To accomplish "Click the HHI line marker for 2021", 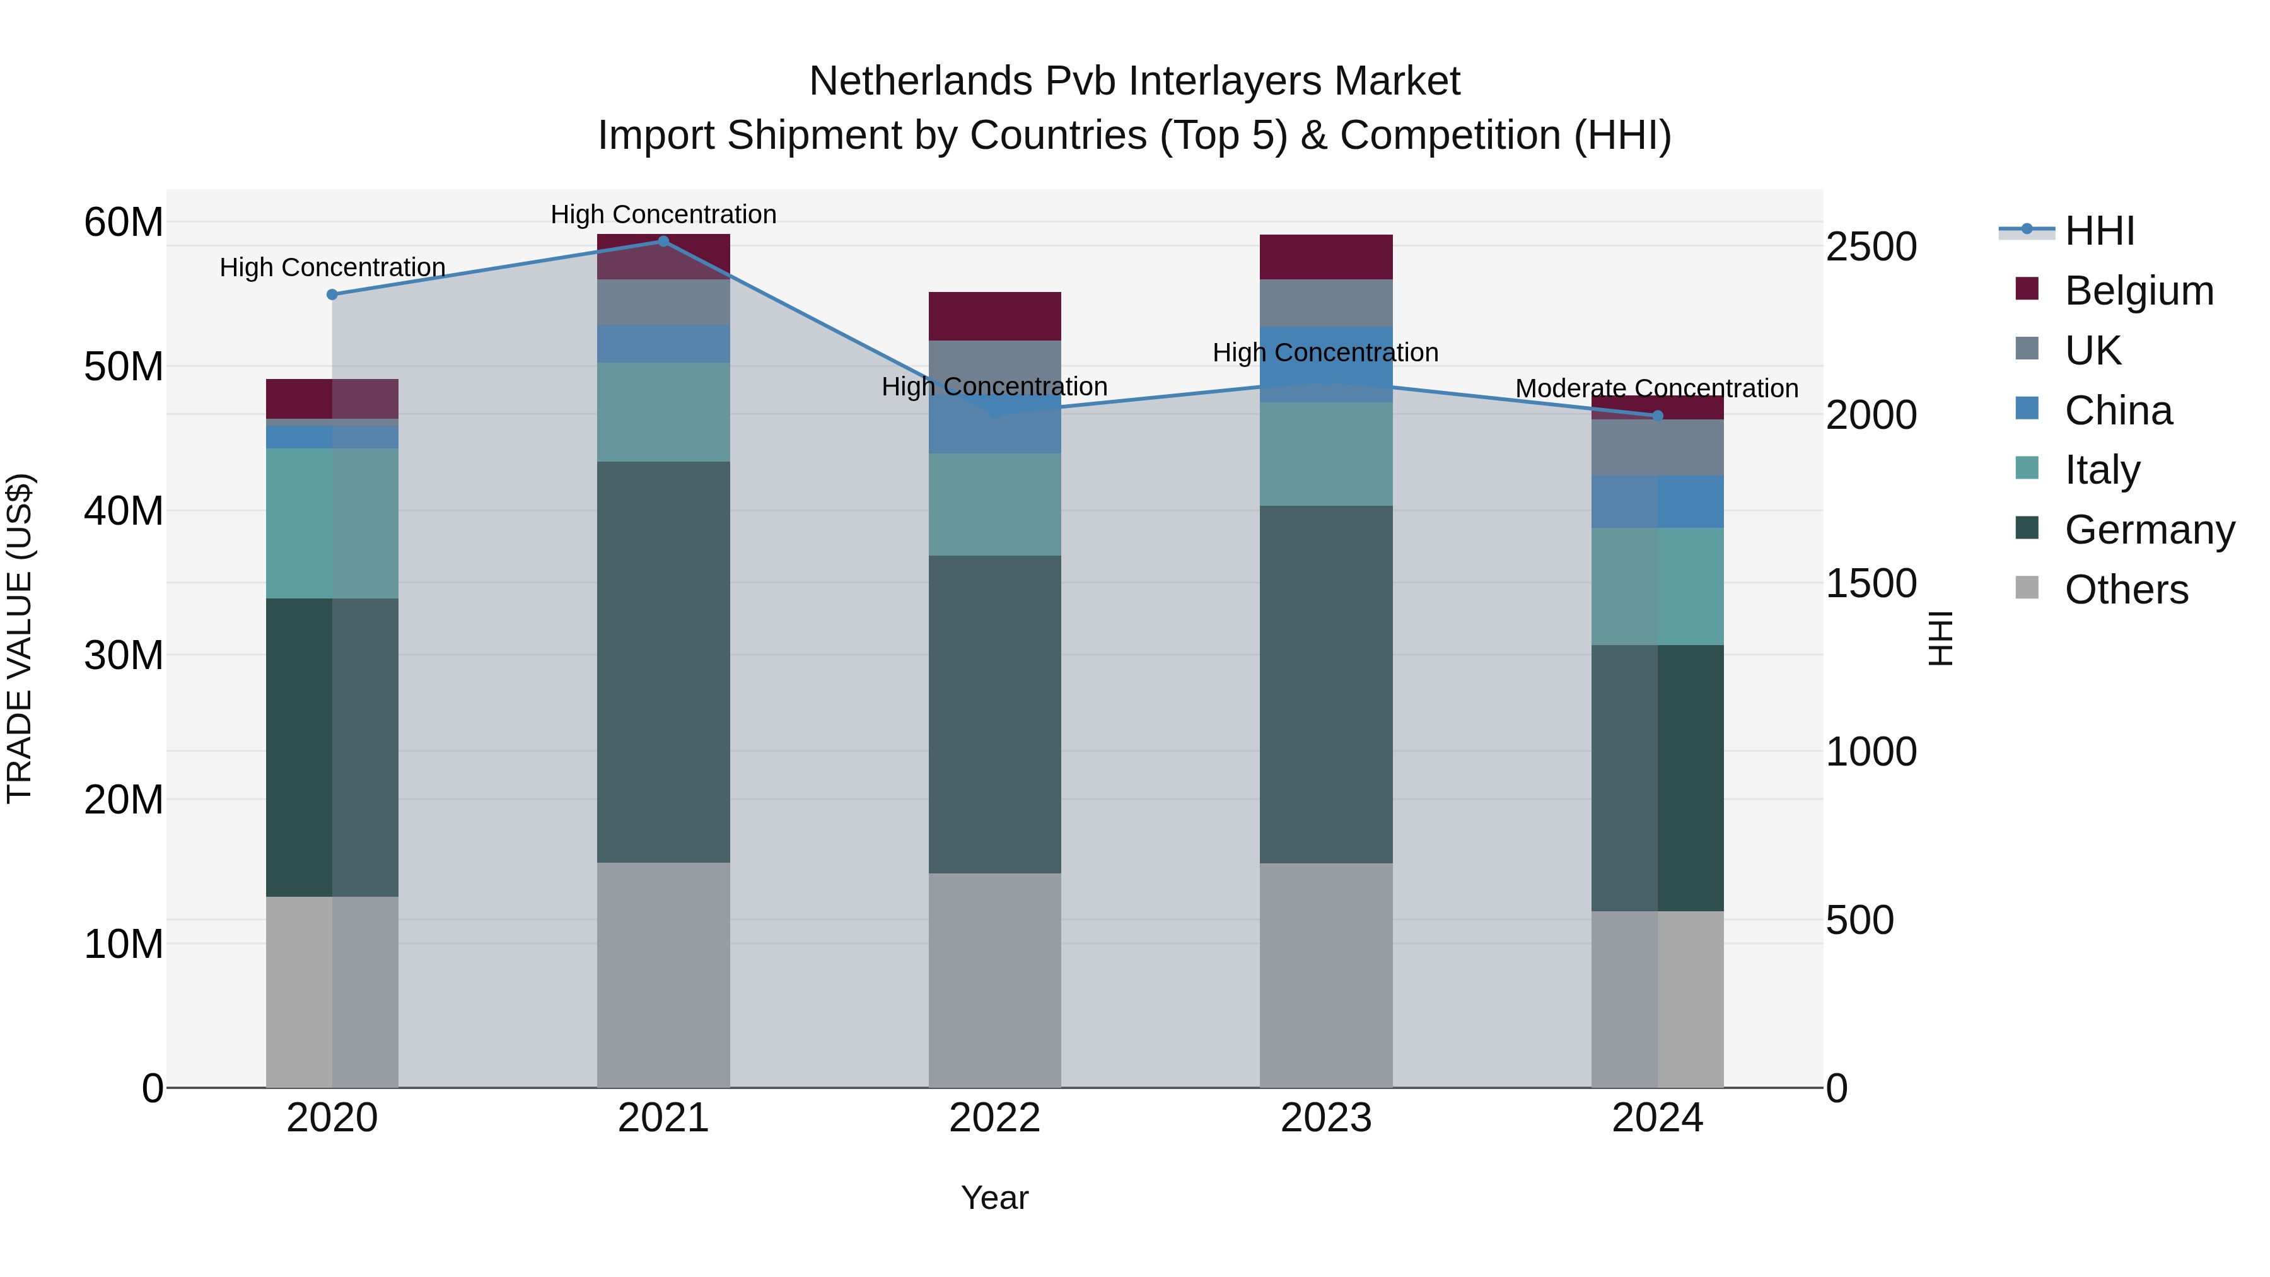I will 663,242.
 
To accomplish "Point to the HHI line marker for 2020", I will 332,294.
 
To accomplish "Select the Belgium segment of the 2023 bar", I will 1325,257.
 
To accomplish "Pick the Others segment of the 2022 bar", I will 995,980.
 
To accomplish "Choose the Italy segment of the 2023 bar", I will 1325,454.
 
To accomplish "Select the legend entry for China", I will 2117,411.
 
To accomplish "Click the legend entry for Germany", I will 2148,530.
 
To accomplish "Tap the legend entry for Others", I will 2126,590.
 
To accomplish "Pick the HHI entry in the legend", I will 2099,231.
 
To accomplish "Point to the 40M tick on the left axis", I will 124,511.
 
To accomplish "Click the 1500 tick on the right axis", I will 1871,583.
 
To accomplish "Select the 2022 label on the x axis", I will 995,1118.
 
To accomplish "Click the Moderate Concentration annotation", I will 1656,388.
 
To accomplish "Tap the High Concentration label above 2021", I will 663,214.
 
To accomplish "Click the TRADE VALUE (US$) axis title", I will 20,638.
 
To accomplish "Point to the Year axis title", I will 995,1198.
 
